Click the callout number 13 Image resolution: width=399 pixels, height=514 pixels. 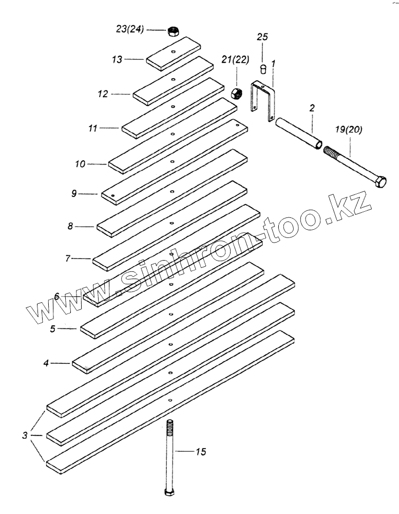118,60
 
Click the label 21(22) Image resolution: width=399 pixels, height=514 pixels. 236,60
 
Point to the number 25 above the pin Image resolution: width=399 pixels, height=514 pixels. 262,37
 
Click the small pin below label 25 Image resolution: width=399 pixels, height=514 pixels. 263,68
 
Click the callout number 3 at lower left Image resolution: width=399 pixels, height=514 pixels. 25,436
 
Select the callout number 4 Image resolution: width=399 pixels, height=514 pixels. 46,363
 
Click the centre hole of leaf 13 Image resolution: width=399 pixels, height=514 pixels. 174,52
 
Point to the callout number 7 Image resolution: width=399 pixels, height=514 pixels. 68,259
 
